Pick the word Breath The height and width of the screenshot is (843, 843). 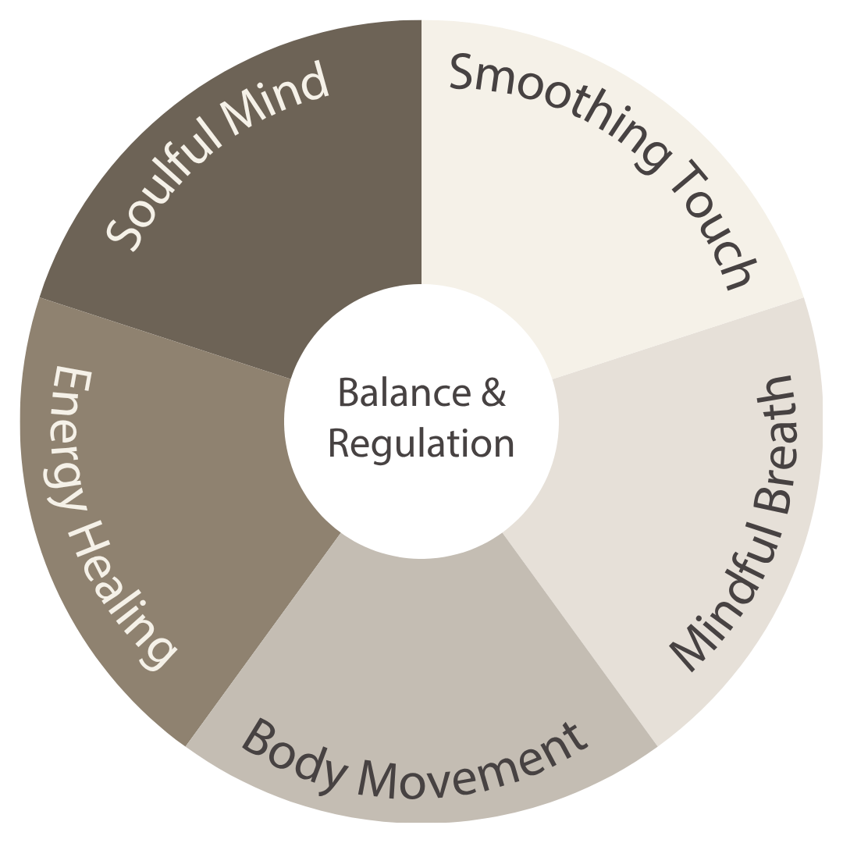click(x=773, y=437)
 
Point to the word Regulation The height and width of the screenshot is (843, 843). click(x=421, y=443)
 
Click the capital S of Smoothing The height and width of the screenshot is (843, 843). click(x=468, y=73)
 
